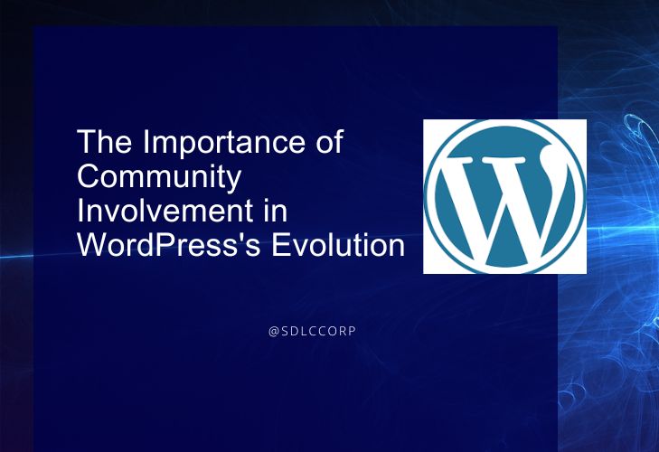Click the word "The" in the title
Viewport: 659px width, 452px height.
pos(104,141)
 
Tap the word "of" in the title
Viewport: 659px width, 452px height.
pos(329,141)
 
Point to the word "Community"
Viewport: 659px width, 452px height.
pos(159,179)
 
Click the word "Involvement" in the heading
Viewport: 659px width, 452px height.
pos(165,211)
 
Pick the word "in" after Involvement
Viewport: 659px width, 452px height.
pos(276,211)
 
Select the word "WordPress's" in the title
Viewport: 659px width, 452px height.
pos(169,245)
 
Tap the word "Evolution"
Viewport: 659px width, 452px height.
pos(338,245)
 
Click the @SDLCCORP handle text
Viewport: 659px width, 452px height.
pos(312,332)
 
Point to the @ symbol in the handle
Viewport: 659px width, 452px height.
pos(274,332)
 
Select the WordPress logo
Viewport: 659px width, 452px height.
pos(504,197)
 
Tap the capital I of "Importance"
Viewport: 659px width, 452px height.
pos(146,141)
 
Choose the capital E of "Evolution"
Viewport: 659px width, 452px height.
pos(281,245)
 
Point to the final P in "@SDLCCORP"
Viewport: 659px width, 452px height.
pos(353,332)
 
